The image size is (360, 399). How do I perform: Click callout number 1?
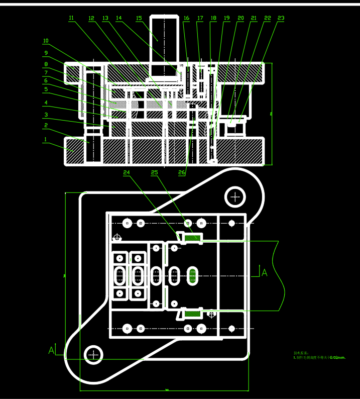coord(45,139)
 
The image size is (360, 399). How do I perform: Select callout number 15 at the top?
coord(139,18)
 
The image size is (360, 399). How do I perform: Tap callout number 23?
coord(281,18)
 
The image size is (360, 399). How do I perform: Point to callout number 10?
coord(46,41)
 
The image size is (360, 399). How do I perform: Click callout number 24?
coord(127,172)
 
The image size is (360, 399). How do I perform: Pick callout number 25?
coord(154,172)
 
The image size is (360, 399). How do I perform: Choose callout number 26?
coord(182,172)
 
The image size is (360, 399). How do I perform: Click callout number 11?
coord(71,18)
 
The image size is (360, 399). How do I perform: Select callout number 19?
coord(226,18)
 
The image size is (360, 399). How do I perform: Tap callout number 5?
coord(46,89)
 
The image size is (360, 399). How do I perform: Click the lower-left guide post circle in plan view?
coord(93,354)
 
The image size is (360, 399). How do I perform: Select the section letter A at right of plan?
coord(265,273)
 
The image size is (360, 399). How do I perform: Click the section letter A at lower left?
coord(51,350)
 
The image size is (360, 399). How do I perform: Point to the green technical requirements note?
coord(319,355)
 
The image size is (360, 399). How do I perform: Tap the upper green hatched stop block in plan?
coord(192,237)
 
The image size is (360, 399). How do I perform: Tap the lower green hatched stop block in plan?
coord(192,314)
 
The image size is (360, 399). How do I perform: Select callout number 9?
coord(46,53)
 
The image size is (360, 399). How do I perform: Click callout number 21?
coord(254,18)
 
